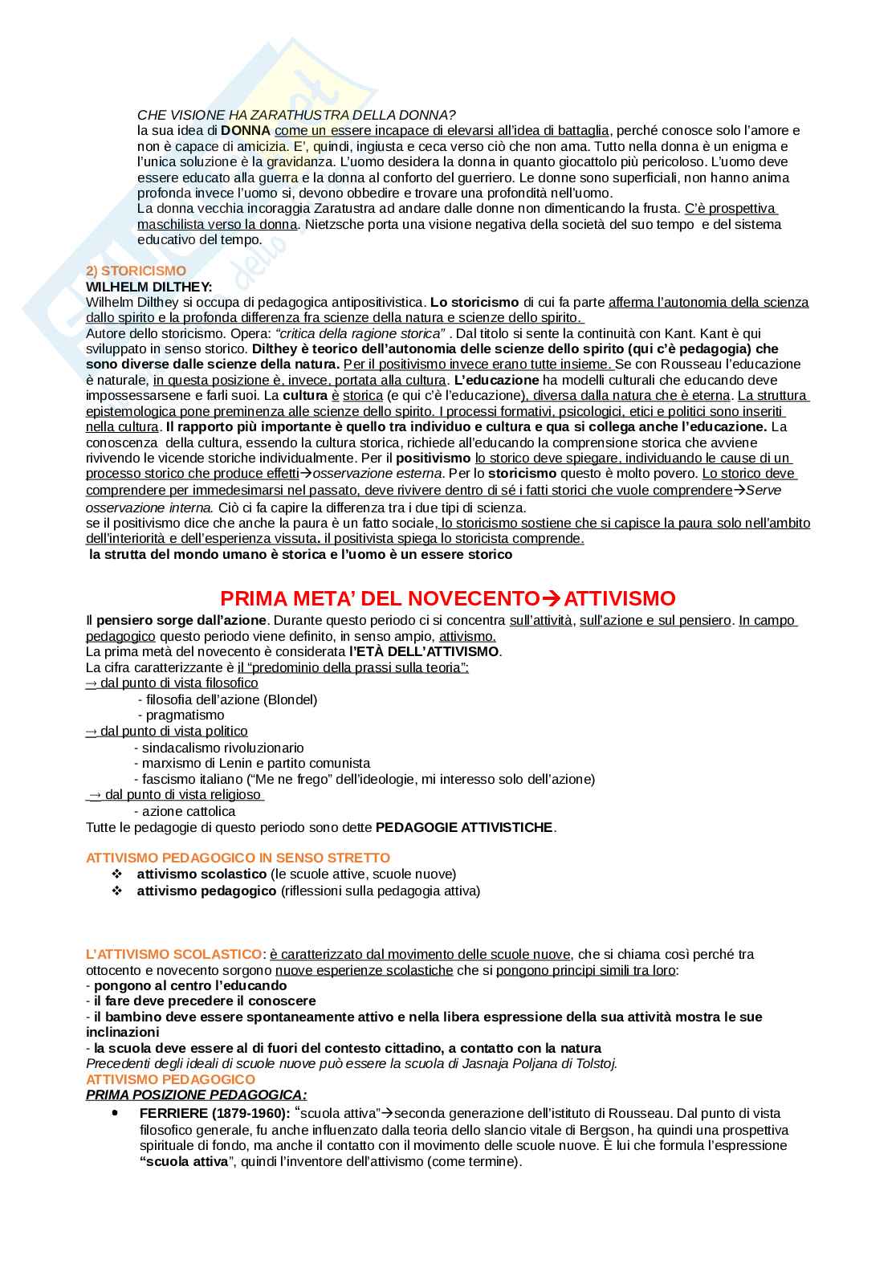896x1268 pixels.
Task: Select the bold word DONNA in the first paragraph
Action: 246,130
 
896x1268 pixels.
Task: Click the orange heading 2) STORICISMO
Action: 136,271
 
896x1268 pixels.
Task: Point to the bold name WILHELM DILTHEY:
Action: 149,287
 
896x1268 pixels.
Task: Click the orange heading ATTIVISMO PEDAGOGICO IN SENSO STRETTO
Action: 238,858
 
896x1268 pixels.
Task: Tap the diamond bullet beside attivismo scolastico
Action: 116,874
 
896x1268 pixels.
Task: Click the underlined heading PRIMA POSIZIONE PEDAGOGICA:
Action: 196,1095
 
